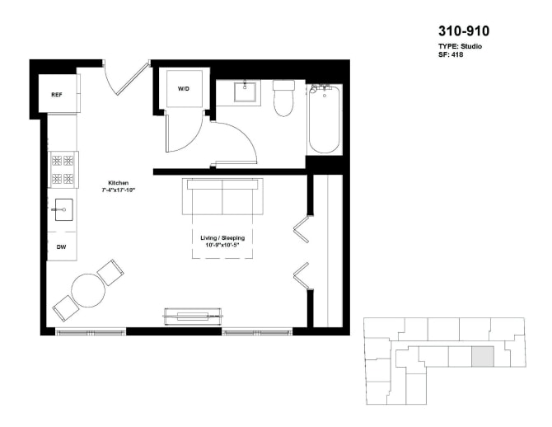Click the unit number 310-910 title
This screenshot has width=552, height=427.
463,31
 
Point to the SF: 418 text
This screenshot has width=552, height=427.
452,54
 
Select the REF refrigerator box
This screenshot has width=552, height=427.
57,95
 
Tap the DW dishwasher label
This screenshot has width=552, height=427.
62,246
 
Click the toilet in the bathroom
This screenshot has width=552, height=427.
283,98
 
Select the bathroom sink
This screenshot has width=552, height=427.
246,91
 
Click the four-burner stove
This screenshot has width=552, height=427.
63,170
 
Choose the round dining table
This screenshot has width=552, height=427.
87,289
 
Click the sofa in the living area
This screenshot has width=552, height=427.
222,196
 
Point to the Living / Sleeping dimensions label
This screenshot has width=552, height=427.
222,242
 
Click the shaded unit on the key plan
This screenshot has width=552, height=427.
483,357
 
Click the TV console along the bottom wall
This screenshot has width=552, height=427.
194,313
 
